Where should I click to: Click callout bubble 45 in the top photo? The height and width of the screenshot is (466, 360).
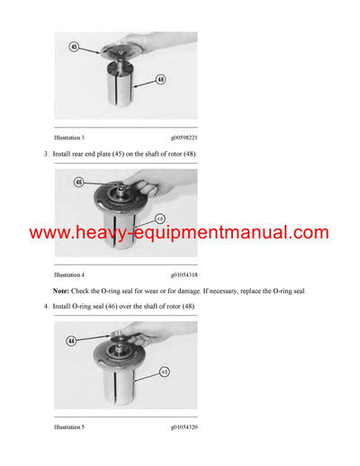73,46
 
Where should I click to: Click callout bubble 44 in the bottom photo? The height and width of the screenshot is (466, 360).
72,340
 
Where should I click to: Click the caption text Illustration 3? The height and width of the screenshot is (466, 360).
70,138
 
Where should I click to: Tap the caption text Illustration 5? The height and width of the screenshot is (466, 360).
70,426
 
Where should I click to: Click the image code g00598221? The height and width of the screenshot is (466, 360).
184,138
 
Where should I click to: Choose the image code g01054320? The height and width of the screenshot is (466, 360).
184,426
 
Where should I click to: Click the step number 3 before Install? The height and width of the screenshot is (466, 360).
46,156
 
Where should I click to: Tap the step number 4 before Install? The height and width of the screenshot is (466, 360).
46,309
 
